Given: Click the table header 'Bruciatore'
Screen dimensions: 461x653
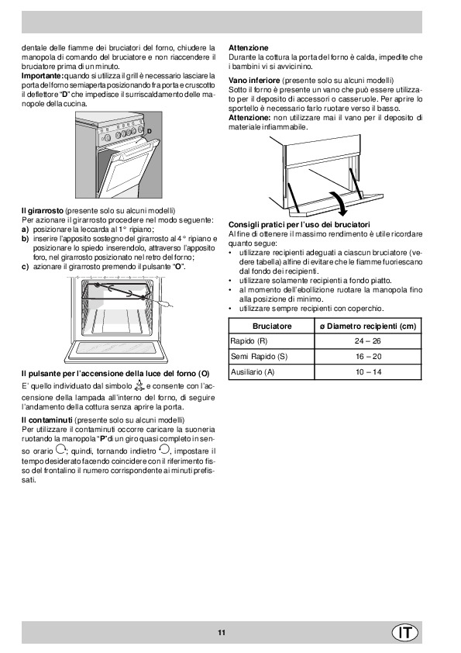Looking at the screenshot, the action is coord(272,326).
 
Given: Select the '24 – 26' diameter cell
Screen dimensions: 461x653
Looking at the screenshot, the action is coord(368,341).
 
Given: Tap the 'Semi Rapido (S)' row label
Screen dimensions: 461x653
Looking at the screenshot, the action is coord(259,357).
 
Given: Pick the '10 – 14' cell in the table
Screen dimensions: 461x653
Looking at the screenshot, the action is coord(368,372).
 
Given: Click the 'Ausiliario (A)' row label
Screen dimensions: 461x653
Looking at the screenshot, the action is coord(253,372).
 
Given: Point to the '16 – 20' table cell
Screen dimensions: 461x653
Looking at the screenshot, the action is coord(368,357).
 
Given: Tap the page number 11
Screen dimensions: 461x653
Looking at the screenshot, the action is coord(222,633).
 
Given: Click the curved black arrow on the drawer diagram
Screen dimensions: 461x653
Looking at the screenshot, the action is coord(338,203).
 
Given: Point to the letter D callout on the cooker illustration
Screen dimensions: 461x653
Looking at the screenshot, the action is coord(150,132).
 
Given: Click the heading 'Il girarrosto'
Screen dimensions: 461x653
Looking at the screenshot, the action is coord(43,211).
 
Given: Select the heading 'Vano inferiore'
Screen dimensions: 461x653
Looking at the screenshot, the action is coord(254,81).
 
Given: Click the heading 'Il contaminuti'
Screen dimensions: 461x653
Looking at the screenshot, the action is coord(47,420).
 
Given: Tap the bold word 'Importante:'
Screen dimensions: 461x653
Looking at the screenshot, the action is coord(43,76).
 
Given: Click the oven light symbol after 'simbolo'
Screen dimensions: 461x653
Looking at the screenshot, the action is coord(139,385).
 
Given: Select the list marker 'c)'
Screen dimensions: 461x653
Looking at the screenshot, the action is coord(25,267).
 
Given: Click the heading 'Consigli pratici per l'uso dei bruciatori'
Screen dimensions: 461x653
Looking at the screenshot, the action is coord(299,225).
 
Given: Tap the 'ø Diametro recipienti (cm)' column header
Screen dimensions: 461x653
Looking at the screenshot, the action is coord(368,326).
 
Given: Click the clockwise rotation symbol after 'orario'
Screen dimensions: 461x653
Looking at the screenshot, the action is coord(60,449).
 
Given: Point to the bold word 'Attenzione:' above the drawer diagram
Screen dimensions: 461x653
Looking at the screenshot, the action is coord(249,118).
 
